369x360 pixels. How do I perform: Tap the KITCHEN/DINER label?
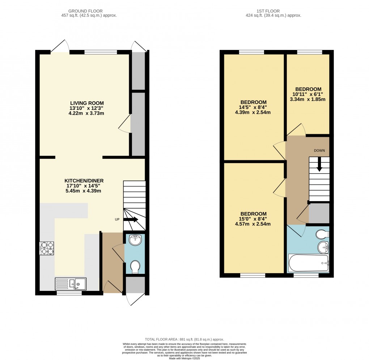(81, 181)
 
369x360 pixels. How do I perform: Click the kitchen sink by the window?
(71, 284)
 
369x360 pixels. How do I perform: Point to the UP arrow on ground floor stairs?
(131, 219)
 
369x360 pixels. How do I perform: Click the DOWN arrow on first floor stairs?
(319, 165)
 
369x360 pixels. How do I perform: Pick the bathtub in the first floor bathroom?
(309, 263)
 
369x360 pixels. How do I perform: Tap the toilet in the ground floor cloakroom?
(135, 267)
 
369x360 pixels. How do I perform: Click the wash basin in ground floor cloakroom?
(135, 240)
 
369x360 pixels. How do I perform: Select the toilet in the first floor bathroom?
(322, 234)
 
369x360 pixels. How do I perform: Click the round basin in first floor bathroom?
(323, 247)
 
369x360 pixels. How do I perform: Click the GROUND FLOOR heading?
(90, 11)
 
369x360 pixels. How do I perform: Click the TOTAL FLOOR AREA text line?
(184, 339)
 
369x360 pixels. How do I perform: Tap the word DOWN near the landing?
(319, 150)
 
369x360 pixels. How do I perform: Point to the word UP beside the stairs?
(117, 220)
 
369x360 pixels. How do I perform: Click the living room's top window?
(101, 52)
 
